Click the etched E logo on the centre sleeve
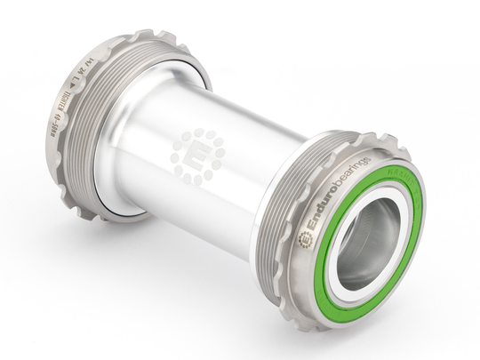click(198, 156)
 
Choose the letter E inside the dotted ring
click(198, 156)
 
